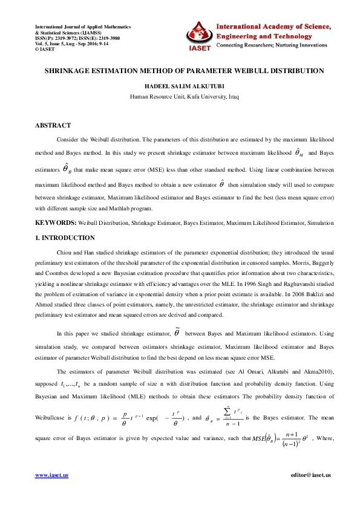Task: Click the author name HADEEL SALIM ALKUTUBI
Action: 180,86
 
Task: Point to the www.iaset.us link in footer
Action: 51,475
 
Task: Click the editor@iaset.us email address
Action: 310,475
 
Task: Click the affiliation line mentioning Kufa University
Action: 180,96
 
